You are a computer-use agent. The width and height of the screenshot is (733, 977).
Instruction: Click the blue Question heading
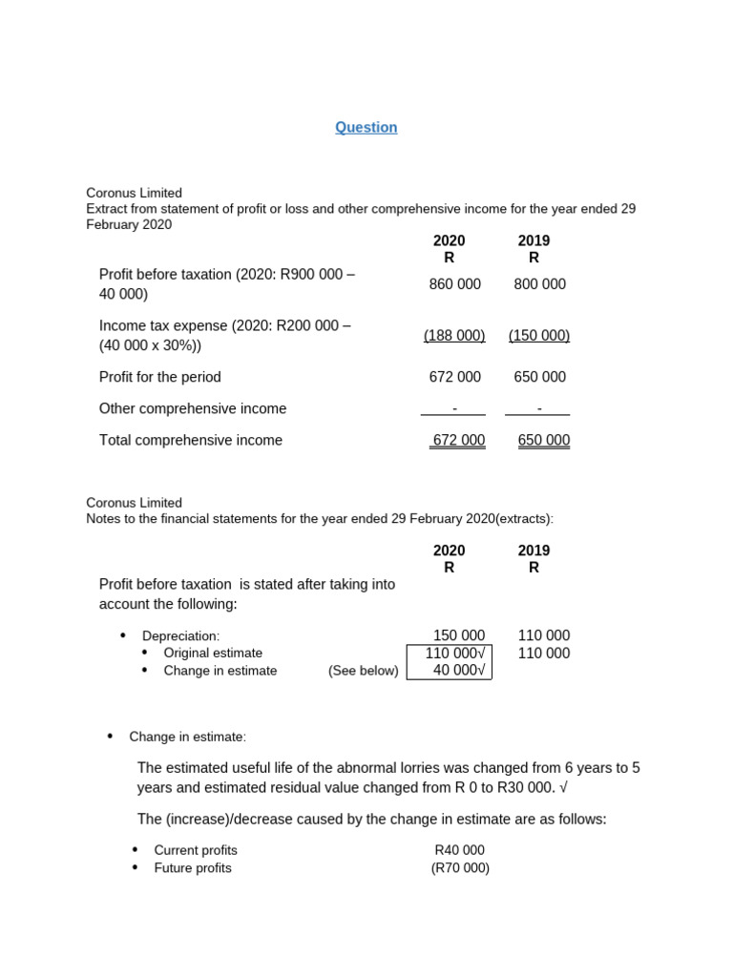(x=366, y=128)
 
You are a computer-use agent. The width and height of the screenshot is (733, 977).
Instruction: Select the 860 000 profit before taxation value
(x=455, y=284)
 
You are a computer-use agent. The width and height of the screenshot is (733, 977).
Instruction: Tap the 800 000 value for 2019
(x=539, y=284)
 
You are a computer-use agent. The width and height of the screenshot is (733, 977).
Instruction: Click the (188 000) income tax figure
(x=454, y=336)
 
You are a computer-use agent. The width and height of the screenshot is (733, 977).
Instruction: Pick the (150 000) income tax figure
(x=539, y=336)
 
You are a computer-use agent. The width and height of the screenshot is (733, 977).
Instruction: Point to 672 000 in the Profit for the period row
(x=455, y=377)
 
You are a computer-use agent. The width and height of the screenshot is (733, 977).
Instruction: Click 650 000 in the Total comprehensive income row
(x=544, y=441)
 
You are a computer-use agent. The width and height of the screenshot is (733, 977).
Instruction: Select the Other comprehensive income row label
(x=193, y=408)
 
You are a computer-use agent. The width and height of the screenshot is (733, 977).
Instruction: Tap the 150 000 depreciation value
(x=459, y=635)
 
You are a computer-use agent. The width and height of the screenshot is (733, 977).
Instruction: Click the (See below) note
(x=364, y=671)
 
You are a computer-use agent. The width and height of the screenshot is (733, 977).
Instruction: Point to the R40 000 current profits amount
(x=459, y=850)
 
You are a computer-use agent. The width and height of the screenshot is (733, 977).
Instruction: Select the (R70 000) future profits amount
(x=460, y=868)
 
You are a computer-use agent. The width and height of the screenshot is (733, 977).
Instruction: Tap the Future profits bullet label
(x=193, y=868)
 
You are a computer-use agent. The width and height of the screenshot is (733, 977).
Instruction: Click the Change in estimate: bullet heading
(x=188, y=737)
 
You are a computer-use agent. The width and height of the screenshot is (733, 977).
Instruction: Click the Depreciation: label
(x=180, y=635)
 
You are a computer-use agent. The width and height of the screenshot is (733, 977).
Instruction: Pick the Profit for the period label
(x=160, y=377)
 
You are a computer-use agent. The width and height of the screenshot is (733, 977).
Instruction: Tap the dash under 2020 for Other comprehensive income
(x=454, y=408)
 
